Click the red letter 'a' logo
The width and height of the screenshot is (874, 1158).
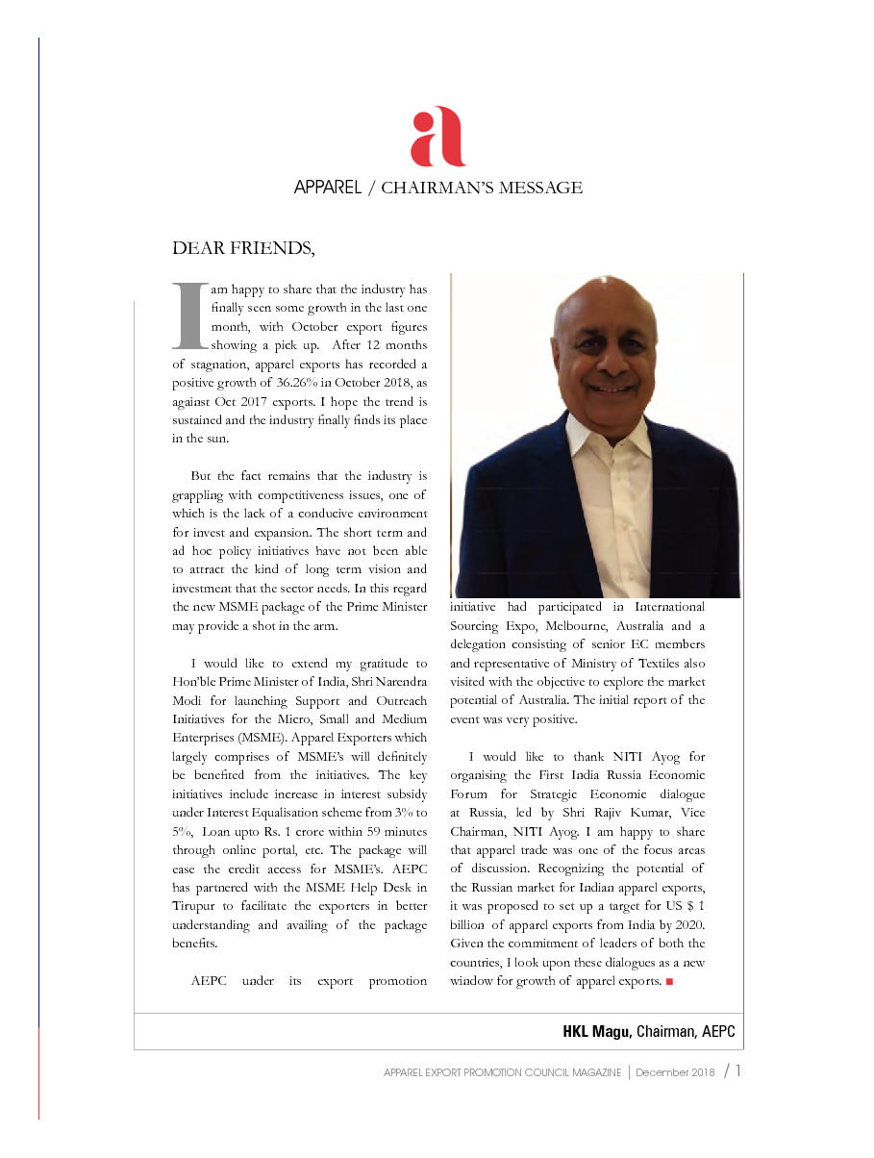(x=437, y=137)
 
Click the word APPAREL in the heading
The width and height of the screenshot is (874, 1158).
(x=327, y=188)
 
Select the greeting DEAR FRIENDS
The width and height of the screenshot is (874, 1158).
(x=242, y=248)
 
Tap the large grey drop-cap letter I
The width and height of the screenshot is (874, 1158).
(x=190, y=315)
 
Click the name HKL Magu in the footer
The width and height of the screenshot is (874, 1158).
(x=596, y=1031)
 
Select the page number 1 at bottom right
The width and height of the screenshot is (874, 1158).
(x=737, y=1071)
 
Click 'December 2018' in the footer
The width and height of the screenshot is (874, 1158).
(x=675, y=1072)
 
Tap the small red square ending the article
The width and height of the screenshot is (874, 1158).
(x=668, y=982)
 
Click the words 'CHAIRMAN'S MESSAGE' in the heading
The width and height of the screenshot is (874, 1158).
(x=481, y=188)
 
